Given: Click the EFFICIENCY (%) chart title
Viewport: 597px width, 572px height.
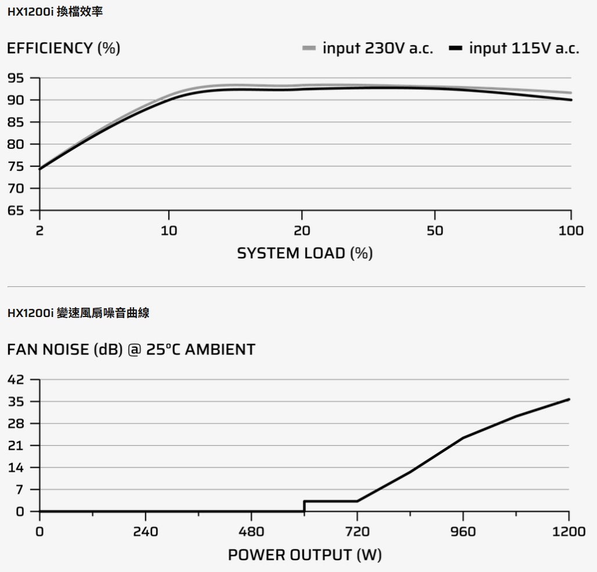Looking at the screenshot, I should [x=63, y=49].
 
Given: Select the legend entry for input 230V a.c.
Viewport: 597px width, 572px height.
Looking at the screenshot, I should [x=368, y=48].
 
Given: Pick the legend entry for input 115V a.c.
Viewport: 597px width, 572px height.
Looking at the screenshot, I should [x=514, y=48].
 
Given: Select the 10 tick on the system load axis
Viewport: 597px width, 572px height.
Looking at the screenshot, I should [x=169, y=231].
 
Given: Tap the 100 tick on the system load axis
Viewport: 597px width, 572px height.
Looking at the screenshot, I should [x=571, y=231].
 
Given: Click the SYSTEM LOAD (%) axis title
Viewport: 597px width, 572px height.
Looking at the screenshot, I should [x=305, y=253].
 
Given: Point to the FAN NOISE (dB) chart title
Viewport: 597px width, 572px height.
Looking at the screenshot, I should [x=131, y=350].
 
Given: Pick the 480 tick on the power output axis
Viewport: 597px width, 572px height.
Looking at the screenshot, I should [x=251, y=531].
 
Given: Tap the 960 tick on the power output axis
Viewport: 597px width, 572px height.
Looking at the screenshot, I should [x=463, y=531].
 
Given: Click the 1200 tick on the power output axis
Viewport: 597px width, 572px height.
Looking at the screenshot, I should [x=569, y=531].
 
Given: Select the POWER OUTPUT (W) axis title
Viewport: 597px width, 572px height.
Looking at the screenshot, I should [x=305, y=555].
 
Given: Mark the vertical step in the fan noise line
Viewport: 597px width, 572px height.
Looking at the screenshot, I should [x=304, y=507].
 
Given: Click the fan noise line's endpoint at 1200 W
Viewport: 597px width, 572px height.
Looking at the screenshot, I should [x=569, y=399].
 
